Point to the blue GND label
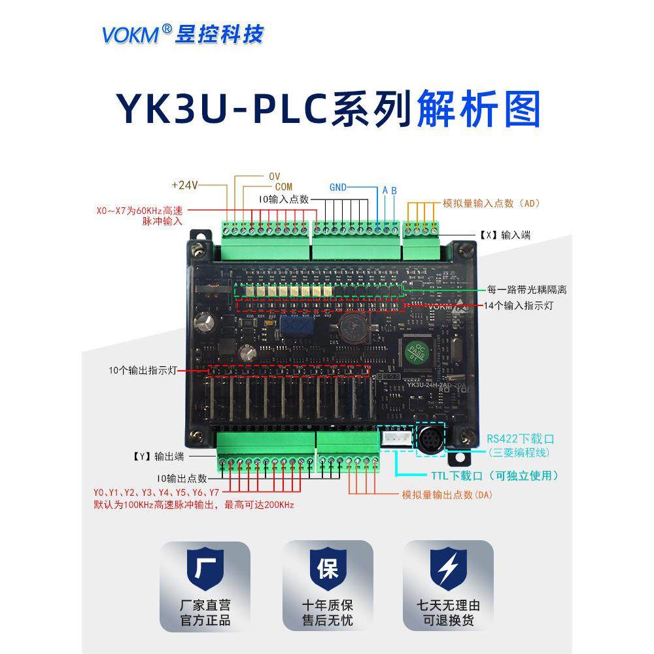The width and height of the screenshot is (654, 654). tap(338, 187)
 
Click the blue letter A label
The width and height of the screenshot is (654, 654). tap(385, 190)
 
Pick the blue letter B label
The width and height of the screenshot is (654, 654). tap(394, 190)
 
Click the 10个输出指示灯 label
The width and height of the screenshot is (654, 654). tap(141, 371)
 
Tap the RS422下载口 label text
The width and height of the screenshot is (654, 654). tap(521, 439)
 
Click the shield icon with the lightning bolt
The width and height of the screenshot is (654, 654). tap(448, 567)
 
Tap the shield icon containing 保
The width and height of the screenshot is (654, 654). tap(327, 567)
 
